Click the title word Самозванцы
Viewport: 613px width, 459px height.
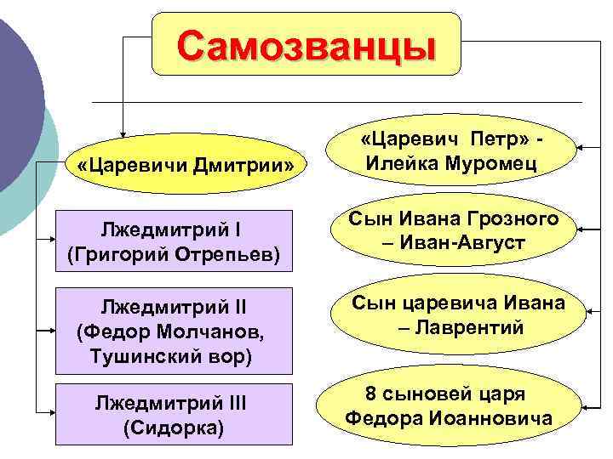click(x=306, y=42)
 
